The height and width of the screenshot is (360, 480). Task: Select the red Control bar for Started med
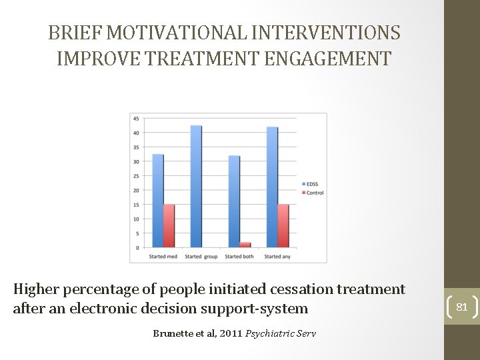click(x=169, y=226)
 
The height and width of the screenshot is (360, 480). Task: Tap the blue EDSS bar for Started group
click(x=196, y=187)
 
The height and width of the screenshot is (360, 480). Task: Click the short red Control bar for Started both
click(x=245, y=245)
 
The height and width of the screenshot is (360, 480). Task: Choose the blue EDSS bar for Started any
click(x=272, y=187)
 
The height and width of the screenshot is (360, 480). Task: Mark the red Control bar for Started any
click(x=283, y=226)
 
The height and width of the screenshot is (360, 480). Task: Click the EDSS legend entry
click(x=311, y=184)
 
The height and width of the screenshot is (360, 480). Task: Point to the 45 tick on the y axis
click(x=136, y=119)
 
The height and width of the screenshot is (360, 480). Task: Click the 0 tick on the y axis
click(x=137, y=248)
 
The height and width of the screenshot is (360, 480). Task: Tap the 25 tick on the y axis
click(x=136, y=176)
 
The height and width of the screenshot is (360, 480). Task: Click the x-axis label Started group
click(x=201, y=257)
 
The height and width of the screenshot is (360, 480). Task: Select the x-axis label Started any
click(x=277, y=257)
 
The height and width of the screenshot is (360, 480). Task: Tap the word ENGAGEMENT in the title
click(x=328, y=59)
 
